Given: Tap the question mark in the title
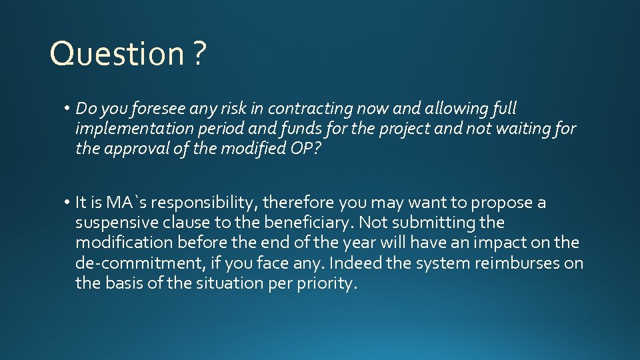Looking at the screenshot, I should click(199, 54).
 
